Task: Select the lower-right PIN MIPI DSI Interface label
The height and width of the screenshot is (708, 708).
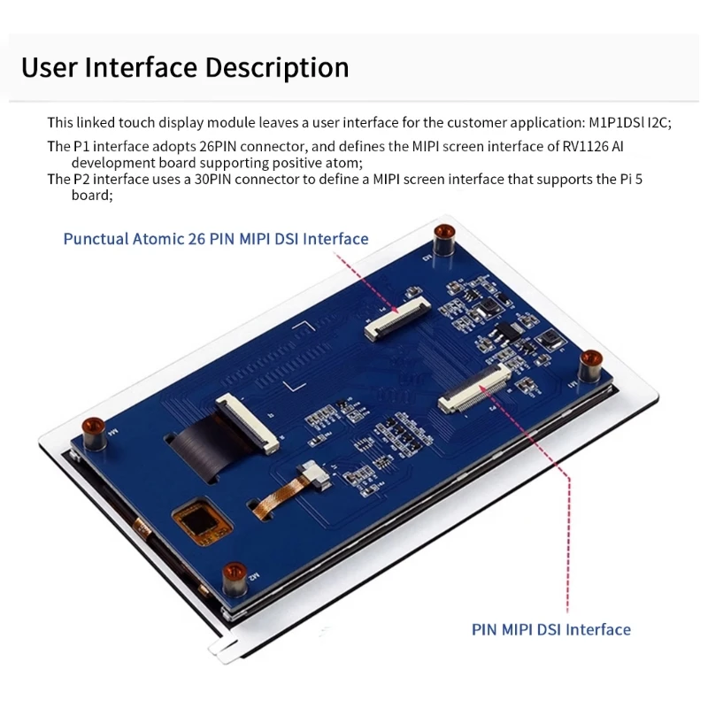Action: pyautogui.click(x=550, y=630)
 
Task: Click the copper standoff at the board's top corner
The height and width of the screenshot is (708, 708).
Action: pyautogui.click(x=443, y=237)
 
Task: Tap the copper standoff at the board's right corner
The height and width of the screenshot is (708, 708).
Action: pyautogui.click(x=590, y=363)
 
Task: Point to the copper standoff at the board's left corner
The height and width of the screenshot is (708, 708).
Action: pyautogui.click(x=92, y=432)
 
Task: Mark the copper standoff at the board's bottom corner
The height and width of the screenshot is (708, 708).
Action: pyautogui.click(x=234, y=575)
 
